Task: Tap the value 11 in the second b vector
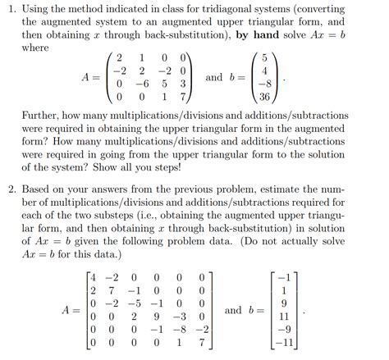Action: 285,314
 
